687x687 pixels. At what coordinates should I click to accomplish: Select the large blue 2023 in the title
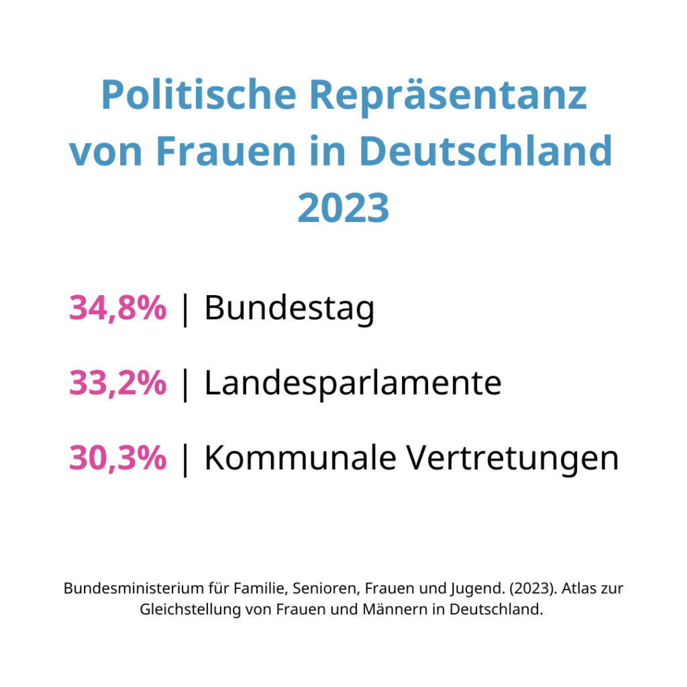(x=343, y=209)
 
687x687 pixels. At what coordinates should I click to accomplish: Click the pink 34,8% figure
(x=117, y=309)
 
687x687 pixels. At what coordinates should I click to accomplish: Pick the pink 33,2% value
(x=117, y=384)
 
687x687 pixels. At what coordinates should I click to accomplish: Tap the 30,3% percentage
(x=117, y=459)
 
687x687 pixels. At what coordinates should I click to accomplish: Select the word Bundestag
(x=289, y=309)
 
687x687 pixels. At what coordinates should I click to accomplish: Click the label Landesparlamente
(x=353, y=384)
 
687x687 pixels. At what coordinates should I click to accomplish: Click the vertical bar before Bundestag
(x=185, y=310)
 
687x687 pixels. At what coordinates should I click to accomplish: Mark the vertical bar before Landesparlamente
(x=185, y=385)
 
